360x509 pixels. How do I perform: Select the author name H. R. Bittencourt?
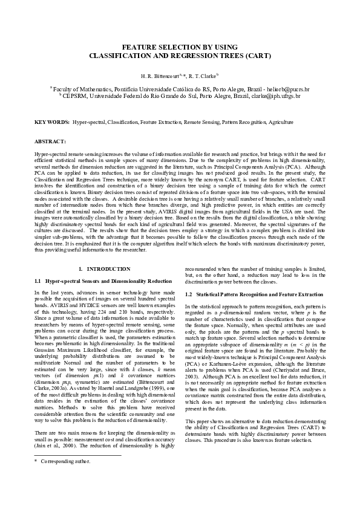[x=158, y=76]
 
